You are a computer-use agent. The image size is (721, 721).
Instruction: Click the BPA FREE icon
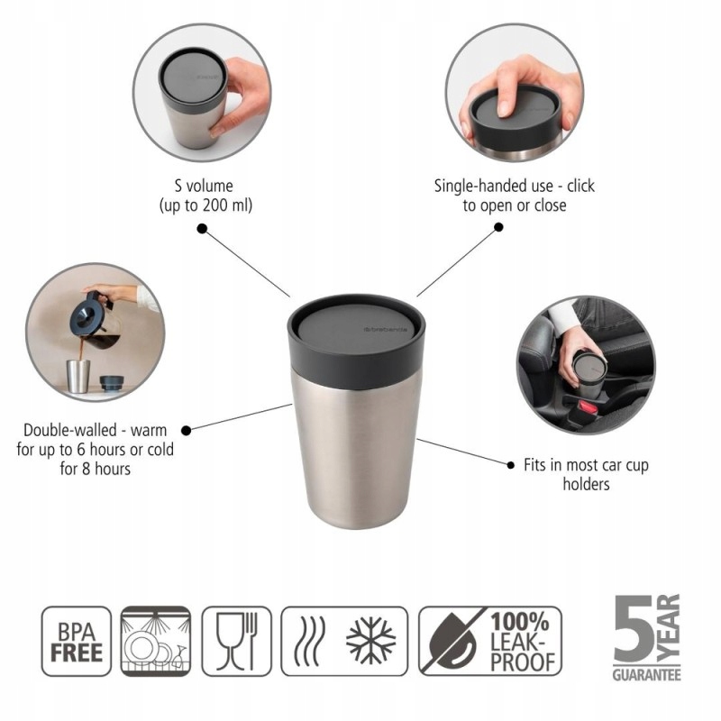coord(77,642)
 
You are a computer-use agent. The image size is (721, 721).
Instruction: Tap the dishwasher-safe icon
coord(156,642)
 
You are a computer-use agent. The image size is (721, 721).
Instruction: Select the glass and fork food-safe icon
coord(237,642)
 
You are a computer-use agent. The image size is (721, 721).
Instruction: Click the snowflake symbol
coord(370,641)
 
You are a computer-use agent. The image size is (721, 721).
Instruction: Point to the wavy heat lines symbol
coord(308,641)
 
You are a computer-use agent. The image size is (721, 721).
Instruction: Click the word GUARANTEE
coord(646,674)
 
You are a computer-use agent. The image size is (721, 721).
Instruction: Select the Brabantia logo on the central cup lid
coord(386,329)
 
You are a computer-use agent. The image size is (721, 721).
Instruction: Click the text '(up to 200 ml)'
coord(205,205)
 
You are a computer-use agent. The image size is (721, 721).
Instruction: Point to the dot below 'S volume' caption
coord(202,229)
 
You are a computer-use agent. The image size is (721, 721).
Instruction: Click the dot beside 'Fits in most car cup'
coord(510,465)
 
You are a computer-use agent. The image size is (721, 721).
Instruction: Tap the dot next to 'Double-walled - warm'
coord(187,431)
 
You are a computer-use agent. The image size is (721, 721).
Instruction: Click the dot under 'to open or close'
coord(498,227)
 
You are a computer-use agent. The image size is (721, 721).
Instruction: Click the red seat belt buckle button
coord(588,407)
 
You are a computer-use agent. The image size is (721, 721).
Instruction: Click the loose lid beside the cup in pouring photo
coord(112,383)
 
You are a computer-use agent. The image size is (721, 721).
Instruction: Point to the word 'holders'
coord(587,484)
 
